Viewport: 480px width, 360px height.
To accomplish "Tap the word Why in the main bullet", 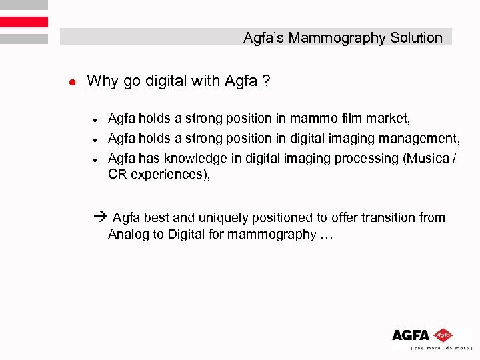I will point(101,82).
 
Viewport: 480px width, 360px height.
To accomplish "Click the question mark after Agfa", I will point(266,82).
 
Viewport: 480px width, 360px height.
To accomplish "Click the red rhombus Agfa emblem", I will point(443,335).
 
